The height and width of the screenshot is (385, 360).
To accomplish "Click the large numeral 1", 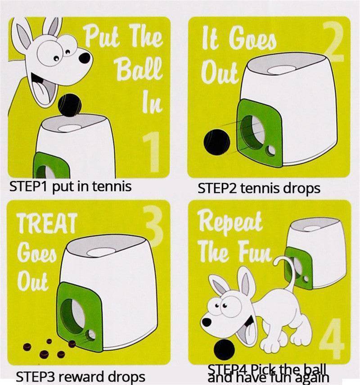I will point(152,152).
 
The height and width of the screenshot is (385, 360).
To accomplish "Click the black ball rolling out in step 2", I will point(217,141).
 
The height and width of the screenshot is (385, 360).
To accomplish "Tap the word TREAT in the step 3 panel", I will point(46,223).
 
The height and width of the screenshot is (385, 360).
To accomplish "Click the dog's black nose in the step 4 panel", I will point(207,322).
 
